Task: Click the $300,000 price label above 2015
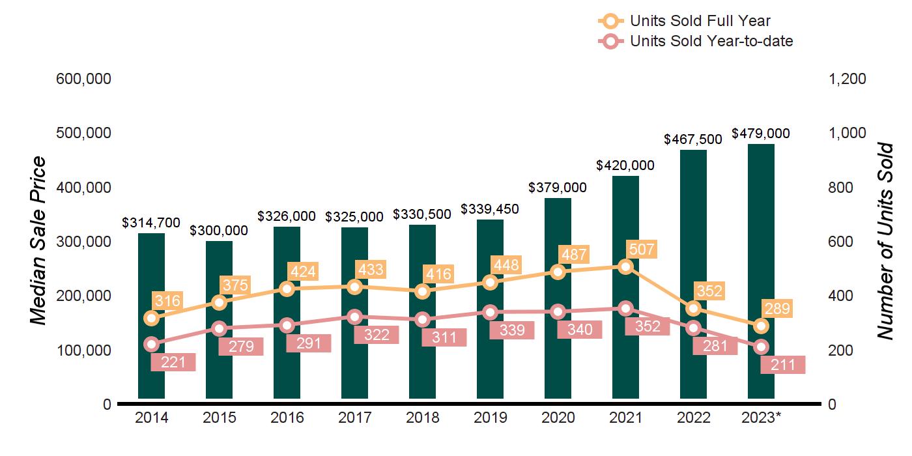coord(219,231)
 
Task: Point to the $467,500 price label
coord(693,139)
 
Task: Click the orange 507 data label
coord(642,249)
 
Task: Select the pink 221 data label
coord(173,363)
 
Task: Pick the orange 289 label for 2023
coord(777,309)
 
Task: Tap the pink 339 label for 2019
coord(512,330)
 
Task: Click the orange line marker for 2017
coord(354,287)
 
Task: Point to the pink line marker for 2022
coord(693,328)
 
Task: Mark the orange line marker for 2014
coord(152,318)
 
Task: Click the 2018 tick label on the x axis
coord(423,418)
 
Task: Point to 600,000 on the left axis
coord(84,79)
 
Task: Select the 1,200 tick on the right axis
coord(847,79)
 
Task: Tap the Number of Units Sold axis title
coord(884,241)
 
